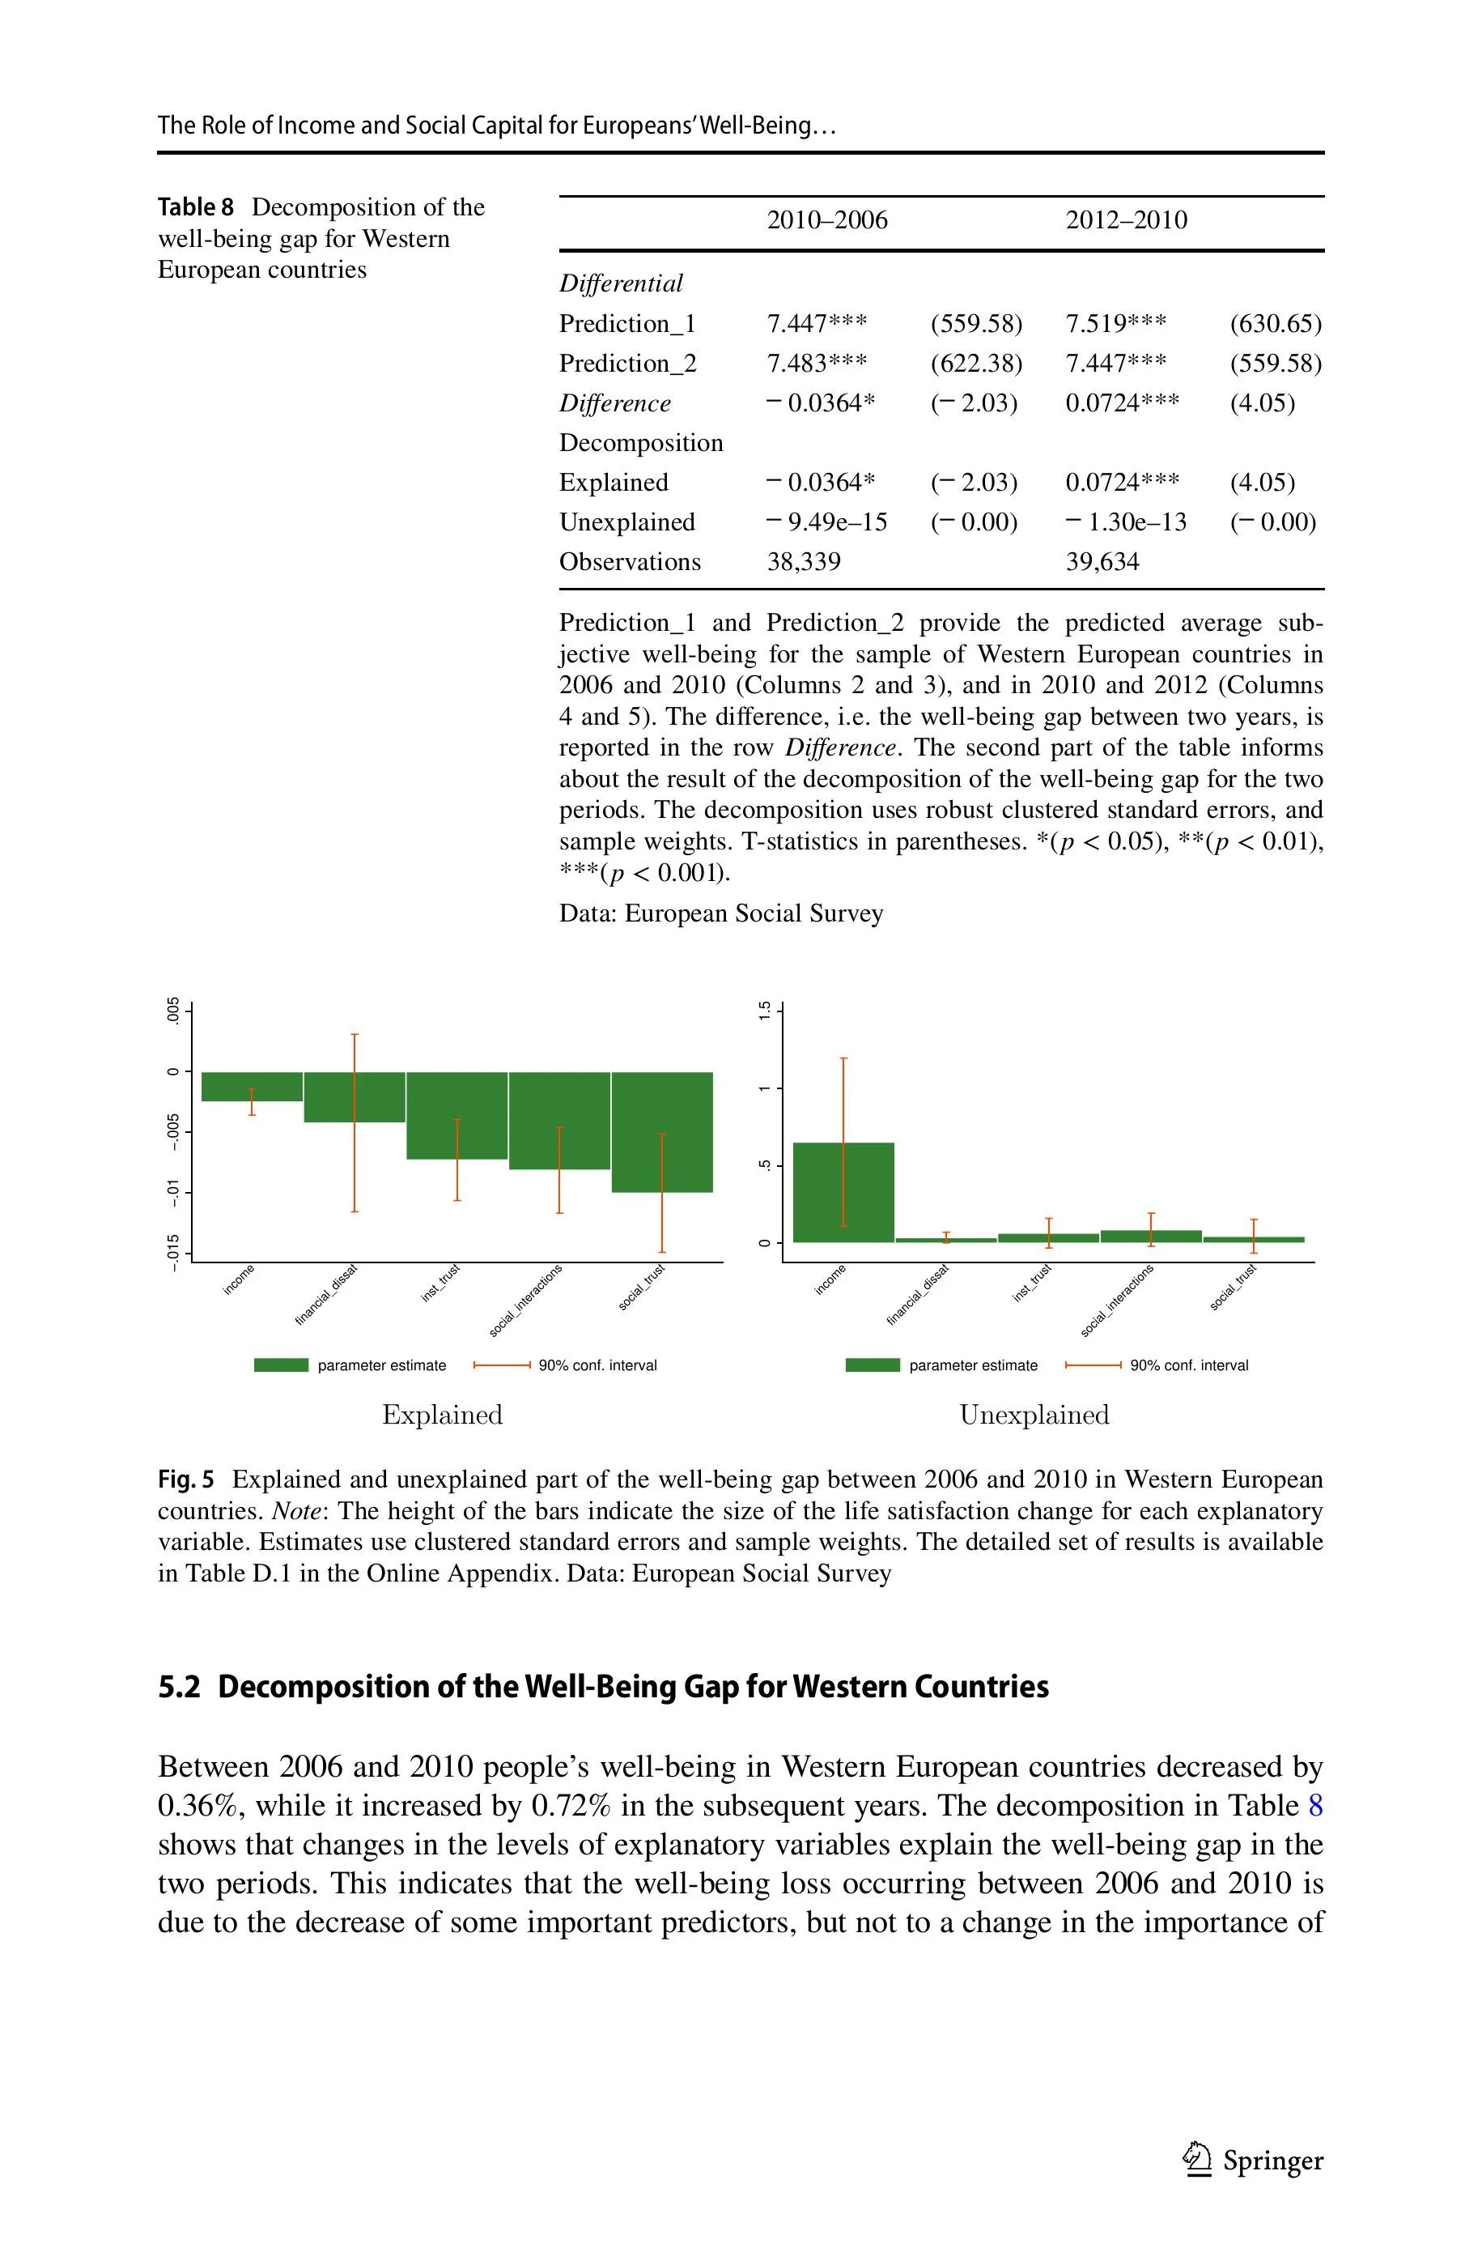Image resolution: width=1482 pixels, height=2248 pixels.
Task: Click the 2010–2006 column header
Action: click(x=827, y=220)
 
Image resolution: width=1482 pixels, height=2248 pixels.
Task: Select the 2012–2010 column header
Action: click(x=1126, y=220)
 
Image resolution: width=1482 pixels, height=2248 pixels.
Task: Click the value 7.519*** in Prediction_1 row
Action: click(x=1115, y=324)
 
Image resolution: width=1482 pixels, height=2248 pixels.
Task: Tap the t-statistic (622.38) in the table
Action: click(x=976, y=364)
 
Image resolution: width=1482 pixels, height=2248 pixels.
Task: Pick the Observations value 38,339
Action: click(x=804, y=563)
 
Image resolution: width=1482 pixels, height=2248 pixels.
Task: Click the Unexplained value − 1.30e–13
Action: click(x=1126, y=523)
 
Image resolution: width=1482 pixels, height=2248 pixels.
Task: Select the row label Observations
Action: click(x=630, y=563)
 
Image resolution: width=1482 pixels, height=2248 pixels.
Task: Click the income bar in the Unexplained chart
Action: click(x=843, y=1192)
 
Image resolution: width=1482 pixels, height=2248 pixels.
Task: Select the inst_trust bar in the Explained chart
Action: click(x=456, y=1115)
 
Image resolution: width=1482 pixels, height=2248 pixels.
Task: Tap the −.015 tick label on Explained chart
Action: click(x=173, y=1254)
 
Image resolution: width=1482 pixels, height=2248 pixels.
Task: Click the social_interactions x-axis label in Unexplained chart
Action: click(x=1117, y=1301)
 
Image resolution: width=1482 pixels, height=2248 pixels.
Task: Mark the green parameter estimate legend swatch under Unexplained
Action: click(x=872, y=1365)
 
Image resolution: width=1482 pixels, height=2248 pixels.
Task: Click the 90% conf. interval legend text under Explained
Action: click(x=597, y=1365)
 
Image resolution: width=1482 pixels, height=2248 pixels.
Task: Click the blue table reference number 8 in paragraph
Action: click(x=1314, y=1807)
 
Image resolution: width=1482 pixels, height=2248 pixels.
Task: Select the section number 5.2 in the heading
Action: click(x=180, y=1688)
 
